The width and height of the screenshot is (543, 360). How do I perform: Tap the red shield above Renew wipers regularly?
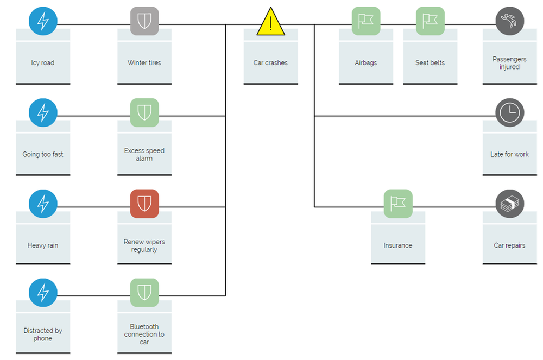click(144, 204)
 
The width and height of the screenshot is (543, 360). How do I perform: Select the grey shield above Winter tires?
click(144, 21)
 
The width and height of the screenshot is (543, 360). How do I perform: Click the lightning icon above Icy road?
click(43, 21)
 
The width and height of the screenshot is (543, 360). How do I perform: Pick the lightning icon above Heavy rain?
click(43, 204)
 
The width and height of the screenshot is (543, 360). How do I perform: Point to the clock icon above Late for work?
click(509, 112)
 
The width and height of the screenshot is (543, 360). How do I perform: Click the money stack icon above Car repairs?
click(509, 204)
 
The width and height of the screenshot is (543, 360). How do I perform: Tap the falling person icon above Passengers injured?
click(509, 21)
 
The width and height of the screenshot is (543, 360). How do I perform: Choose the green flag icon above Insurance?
click(398, 204)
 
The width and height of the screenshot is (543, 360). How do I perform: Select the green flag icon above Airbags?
click(366, 21)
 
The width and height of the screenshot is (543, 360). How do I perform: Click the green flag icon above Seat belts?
click(430, 21)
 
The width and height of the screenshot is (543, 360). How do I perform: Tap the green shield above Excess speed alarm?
click(144, 112)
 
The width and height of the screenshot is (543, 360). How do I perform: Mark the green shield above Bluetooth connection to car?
click(144, 293)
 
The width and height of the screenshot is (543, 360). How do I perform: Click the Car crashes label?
click(270, 63)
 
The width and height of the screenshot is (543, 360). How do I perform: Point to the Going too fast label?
click(43, 154)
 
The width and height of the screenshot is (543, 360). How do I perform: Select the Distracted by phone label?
click(43, 334)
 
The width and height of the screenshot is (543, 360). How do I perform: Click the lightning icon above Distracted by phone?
click(43, 293)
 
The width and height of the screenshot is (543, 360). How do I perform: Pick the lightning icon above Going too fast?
click(43, 112)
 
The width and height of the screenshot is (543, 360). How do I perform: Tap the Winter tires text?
click(144, 63)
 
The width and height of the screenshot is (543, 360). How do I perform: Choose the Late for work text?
click(509, 154)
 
